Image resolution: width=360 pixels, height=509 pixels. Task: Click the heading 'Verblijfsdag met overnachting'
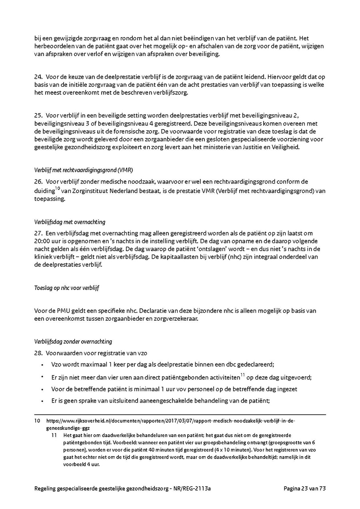70,222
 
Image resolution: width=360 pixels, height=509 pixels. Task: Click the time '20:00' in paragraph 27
42,241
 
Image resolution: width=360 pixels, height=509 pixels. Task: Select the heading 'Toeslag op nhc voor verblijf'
66,288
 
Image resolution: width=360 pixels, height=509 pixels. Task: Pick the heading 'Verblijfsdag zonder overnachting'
73,341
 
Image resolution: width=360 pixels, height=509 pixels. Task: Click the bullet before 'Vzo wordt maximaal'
42,365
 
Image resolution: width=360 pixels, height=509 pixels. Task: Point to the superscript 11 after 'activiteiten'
242,375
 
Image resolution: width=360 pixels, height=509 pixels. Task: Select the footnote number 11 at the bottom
54,435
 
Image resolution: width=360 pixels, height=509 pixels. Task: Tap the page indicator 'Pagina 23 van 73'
305,489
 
